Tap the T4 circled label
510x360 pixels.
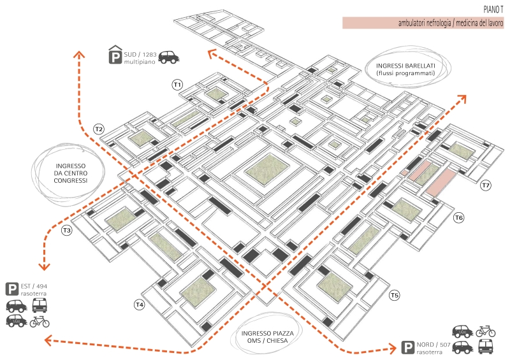[139, 305]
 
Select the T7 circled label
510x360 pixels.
[486, 185]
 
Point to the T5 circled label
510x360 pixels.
[395, 295]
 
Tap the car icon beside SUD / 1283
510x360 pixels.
[168, 57]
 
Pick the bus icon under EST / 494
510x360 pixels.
[40, 305]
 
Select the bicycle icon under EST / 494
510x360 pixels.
[40, 321]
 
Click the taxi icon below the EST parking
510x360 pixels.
[17, 321]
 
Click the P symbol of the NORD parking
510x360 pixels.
[406, 348]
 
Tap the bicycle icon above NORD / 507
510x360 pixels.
[485, 331]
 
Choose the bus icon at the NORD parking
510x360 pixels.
[486, 347]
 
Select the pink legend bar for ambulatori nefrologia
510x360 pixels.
[423, 23]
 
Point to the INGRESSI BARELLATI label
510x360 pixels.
[405, 69]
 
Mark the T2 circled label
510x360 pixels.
[99, 129]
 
